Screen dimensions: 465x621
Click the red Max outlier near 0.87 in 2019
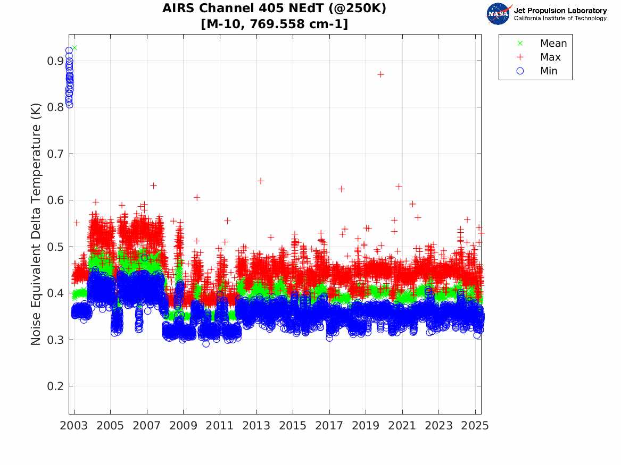click(x=380, y=74)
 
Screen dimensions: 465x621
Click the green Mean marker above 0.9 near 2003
click(x=74, y=48)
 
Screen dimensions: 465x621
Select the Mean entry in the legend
click(x=553, y=44)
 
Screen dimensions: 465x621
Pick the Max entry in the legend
click(x=550, y=57)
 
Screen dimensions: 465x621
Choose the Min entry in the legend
click(x=549, y=71)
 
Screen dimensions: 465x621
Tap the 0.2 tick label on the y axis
click(x=55, y=386)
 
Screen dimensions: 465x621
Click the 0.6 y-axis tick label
click(x=55, y=200)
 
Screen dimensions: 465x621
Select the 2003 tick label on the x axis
click(x=74, y=426)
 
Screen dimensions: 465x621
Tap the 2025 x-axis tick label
click(x=475, y=426)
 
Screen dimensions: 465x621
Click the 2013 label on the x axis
click(x=256, y=426)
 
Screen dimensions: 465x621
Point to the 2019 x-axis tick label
click(x=366, y=426)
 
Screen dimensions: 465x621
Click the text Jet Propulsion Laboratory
click(x=560, y=10)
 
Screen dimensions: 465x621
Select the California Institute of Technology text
click(x=560, y=19)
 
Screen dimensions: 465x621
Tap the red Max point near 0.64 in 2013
click(x=261, y=181)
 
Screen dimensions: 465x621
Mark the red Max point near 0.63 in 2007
click(x=153, y=185)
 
